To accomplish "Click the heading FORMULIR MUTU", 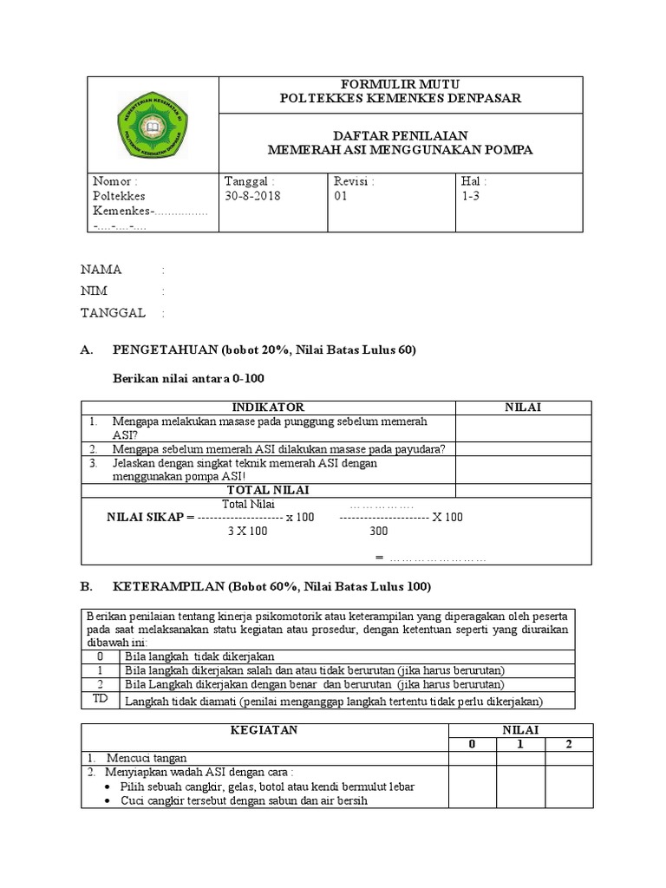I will [400, 83].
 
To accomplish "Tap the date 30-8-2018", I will [252, 196].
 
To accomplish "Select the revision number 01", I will [340, 196].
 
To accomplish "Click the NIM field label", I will [95, 291].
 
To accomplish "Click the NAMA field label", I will [101, 269].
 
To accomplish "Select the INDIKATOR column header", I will [269, 407].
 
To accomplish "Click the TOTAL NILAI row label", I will [269, 490].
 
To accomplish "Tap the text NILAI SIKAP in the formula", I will [145, 517].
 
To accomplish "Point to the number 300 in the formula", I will [379, 531].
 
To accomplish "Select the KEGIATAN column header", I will [264, 730].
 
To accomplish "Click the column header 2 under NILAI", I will [568, 744].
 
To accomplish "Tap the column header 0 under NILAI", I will [472, 744].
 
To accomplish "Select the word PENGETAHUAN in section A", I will [166, 350].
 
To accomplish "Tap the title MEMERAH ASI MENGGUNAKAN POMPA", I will [400, 150].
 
